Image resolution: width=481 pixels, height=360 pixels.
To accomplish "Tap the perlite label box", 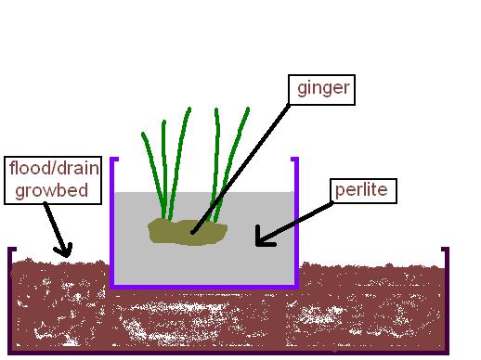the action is (x=365, y=191).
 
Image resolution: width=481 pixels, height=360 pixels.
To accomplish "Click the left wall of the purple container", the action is (x=111, y=223).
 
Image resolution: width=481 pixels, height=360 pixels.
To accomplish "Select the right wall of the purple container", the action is (x=297, y=223).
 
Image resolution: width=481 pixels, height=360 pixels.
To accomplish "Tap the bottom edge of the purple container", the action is (x=204, y=287).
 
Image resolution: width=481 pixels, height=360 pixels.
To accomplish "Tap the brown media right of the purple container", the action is (x=371, y=297).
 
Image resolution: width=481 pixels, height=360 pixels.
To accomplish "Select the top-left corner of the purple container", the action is (x=112, y=161).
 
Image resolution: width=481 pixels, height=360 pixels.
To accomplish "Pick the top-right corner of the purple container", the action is (x=296, y=161).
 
